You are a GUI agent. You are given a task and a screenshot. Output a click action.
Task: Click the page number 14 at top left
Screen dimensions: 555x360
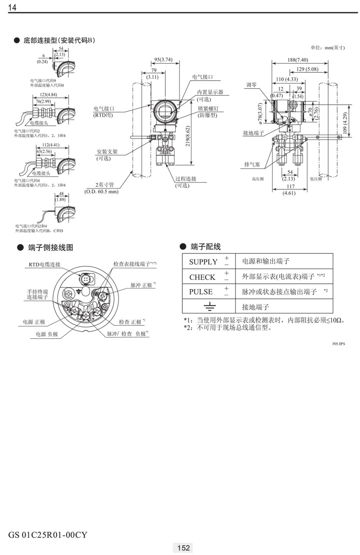pos(12,7)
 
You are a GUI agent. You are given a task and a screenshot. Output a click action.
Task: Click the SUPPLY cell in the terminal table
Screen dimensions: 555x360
pos(203,262)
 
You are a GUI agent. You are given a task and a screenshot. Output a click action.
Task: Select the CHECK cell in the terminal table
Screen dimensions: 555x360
pos(202,277)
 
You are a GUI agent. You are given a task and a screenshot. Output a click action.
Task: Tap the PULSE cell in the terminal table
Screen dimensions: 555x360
pos(201,292)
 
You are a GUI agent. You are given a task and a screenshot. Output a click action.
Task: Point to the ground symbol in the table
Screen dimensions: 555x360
pos(209,307)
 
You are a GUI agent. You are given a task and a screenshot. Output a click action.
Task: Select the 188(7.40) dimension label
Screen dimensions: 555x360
pos(298,60)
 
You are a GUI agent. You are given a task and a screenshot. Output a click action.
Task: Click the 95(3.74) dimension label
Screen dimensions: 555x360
pos(163,60)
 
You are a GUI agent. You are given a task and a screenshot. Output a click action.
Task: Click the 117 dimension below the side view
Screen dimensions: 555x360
pos(291,186)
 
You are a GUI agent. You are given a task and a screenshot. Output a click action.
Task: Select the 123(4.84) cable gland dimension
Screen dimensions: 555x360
pos(48,95)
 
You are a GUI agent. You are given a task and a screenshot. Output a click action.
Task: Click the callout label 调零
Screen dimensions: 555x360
pos(251,85)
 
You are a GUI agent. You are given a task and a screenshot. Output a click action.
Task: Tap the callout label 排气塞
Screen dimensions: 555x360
pos(252,164)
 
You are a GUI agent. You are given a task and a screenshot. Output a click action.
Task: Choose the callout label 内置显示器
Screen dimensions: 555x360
pos(210,92)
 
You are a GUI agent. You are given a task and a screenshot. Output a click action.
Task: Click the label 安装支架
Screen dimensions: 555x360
pos(107,152)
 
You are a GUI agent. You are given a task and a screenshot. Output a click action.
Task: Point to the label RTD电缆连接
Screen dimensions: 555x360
pos(45,265)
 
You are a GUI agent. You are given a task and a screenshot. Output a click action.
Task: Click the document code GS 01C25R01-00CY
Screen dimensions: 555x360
pos(48,534)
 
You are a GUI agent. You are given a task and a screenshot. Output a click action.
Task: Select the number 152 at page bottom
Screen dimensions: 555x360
pos(183,547)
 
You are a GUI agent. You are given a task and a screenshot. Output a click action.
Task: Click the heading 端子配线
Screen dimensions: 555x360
pos(206,247)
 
